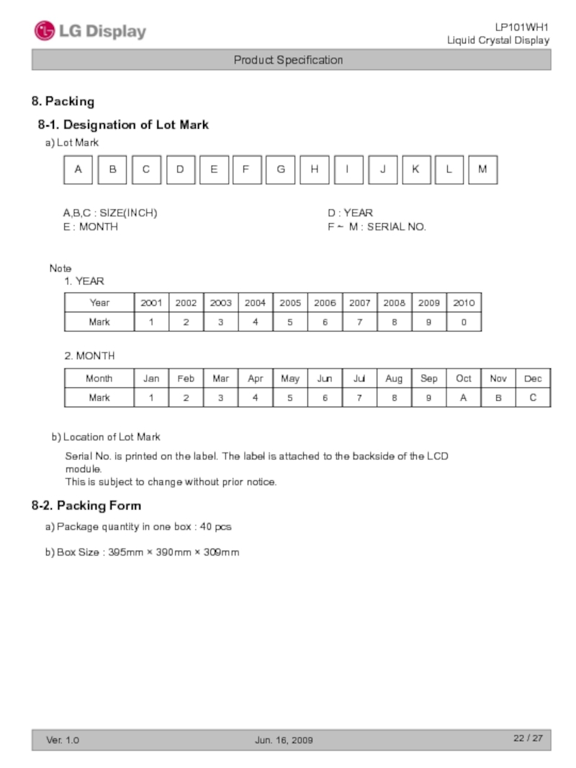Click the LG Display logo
[x=90, y=31]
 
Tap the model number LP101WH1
[x=521, y=27]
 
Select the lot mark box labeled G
[x=280, y=170]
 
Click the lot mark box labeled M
[x=482, y=170]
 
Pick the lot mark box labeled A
[x=78, y=170]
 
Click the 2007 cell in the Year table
[x=359, y=303]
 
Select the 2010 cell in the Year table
[x=464, y=303]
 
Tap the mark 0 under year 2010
[x=464, y=322]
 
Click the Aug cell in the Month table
[x=394, y=379]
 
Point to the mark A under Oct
[x=464, y=397]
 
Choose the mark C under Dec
[x=533, y=397]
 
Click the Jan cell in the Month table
[x=151, y=379]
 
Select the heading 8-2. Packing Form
[x=86, y=505]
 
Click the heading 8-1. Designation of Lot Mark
[x=123, y=125]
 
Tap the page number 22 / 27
[x=528, y=738]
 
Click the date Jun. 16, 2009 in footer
[x=284, y=740]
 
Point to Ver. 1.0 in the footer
[x=63, y=740]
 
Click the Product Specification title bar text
[x=288, y=60]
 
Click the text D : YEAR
[x=350, y=213]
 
